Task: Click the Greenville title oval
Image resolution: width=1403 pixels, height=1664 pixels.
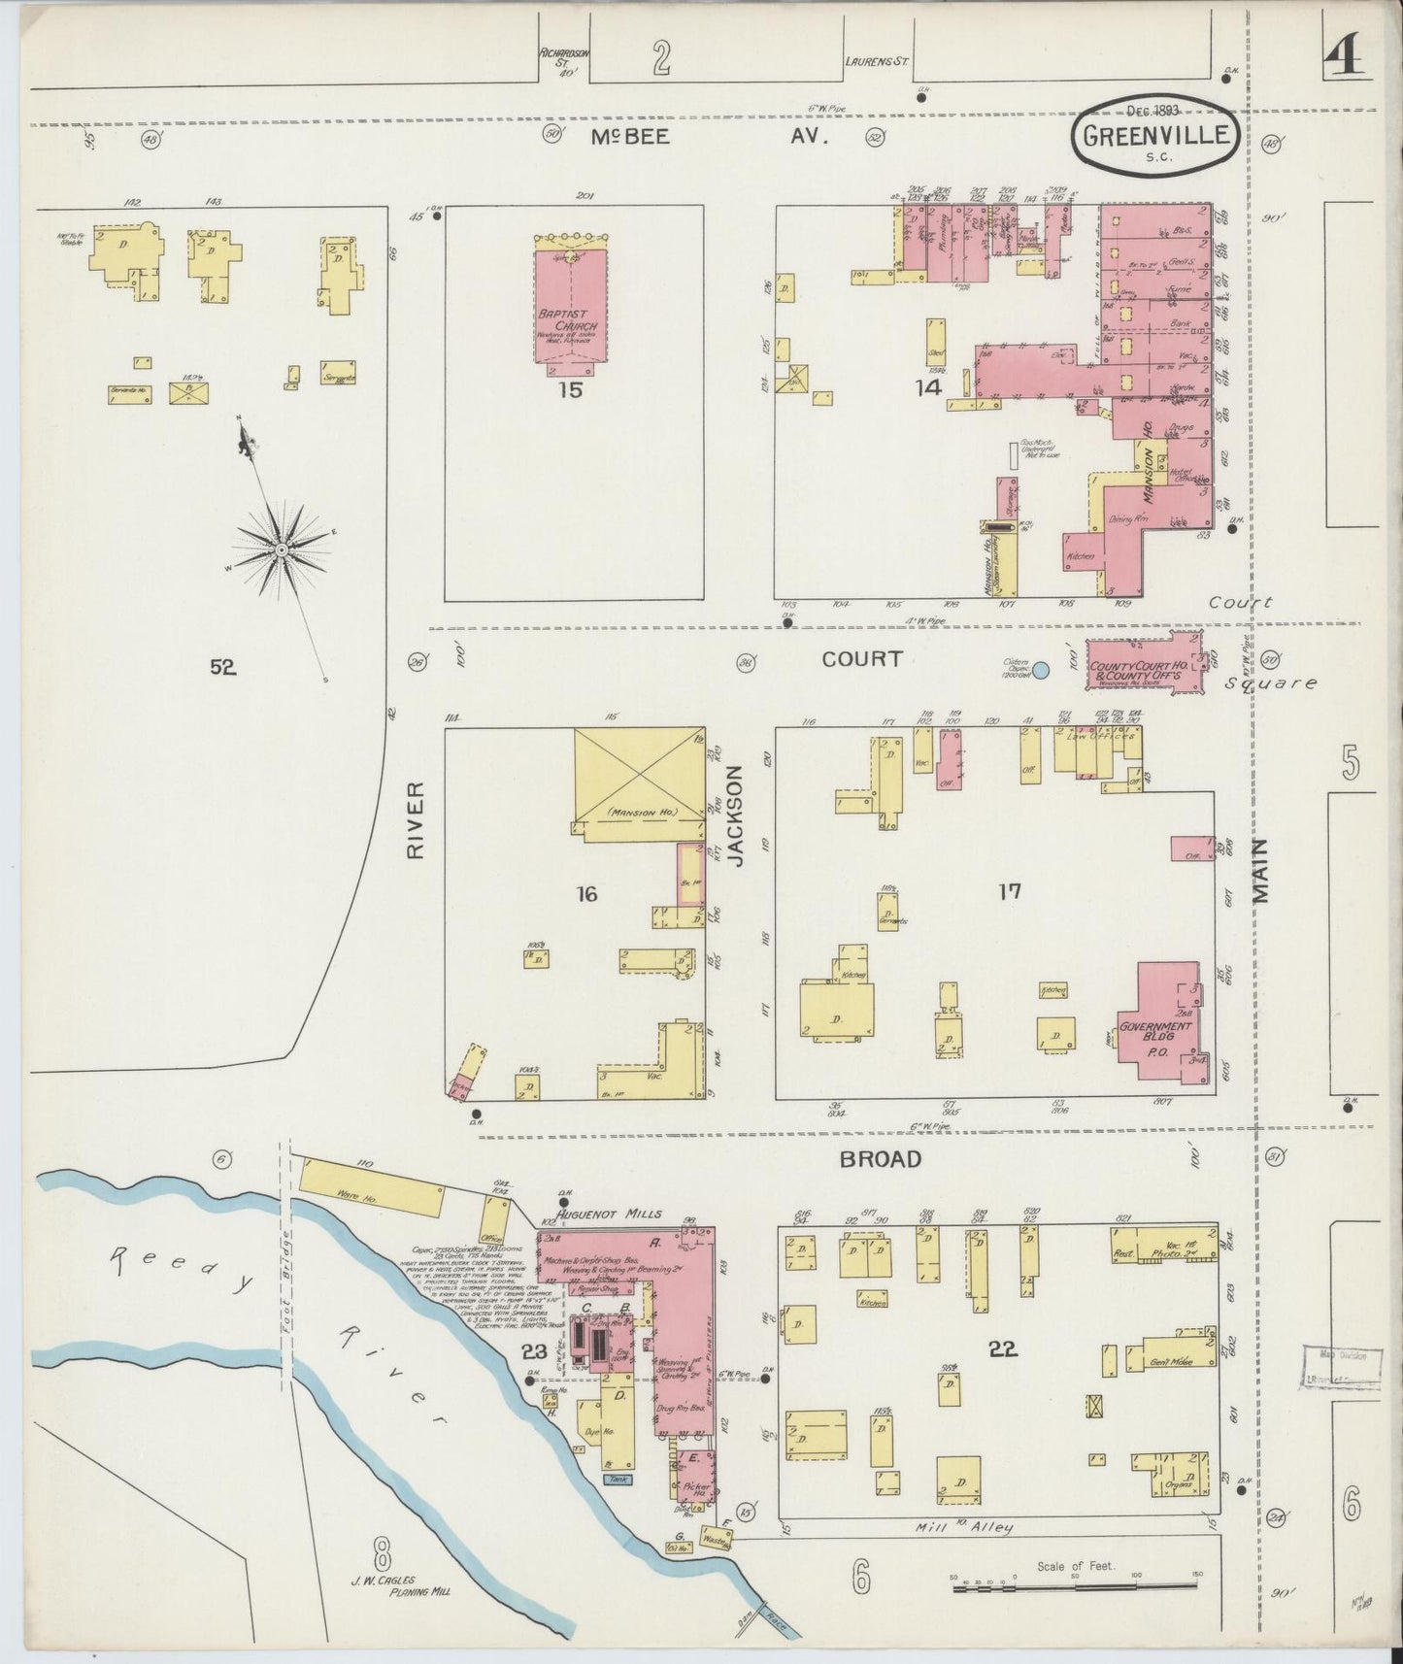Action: point(1155,136)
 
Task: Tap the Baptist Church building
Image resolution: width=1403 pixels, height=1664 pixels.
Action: point(570,301)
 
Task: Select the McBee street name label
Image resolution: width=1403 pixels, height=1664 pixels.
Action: point(630,137)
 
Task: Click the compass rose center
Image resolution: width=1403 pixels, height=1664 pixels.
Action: point(282,549)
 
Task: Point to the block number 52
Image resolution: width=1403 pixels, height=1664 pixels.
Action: point(223,667)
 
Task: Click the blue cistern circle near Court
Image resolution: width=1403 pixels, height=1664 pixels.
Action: point(1040,670)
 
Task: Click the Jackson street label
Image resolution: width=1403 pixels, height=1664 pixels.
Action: point(735,815)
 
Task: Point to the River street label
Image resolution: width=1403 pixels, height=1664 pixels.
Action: point(416,820)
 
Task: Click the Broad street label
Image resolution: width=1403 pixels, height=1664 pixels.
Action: point(881,1159)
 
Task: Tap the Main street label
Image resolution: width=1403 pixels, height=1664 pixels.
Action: point(1261,871)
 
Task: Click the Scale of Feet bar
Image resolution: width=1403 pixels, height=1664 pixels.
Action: point(1075,1586)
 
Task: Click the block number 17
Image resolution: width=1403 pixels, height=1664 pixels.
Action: point(1010,890)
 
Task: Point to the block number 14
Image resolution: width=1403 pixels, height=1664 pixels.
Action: point(928,388)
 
